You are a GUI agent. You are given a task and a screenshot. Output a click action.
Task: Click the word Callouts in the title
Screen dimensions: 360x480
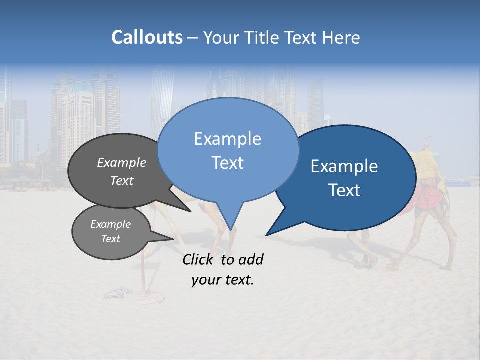tap(147, 37)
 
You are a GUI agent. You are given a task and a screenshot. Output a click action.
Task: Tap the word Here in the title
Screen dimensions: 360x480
tap(341, 38)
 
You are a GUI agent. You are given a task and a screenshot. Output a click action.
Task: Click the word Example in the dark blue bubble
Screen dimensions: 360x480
tap(344, 166)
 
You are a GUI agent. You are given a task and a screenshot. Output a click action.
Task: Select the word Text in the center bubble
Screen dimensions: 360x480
tap(227, 163)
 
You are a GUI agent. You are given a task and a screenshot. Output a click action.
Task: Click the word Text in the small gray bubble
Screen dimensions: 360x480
tap(111, 239)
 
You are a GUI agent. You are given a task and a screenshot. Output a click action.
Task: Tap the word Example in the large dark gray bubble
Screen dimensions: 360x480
tap(122, 162)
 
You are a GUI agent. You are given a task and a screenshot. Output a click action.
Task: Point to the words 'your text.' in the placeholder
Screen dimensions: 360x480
tap(223, 280)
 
